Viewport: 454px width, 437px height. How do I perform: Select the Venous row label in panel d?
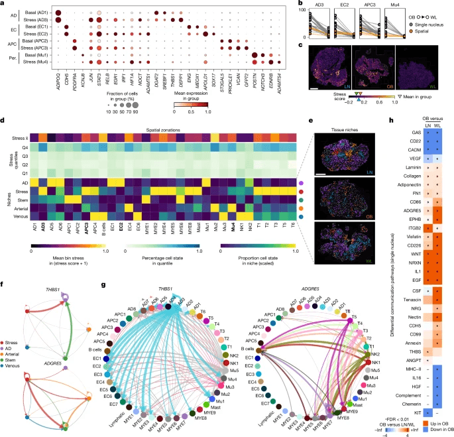coord(20,216)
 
